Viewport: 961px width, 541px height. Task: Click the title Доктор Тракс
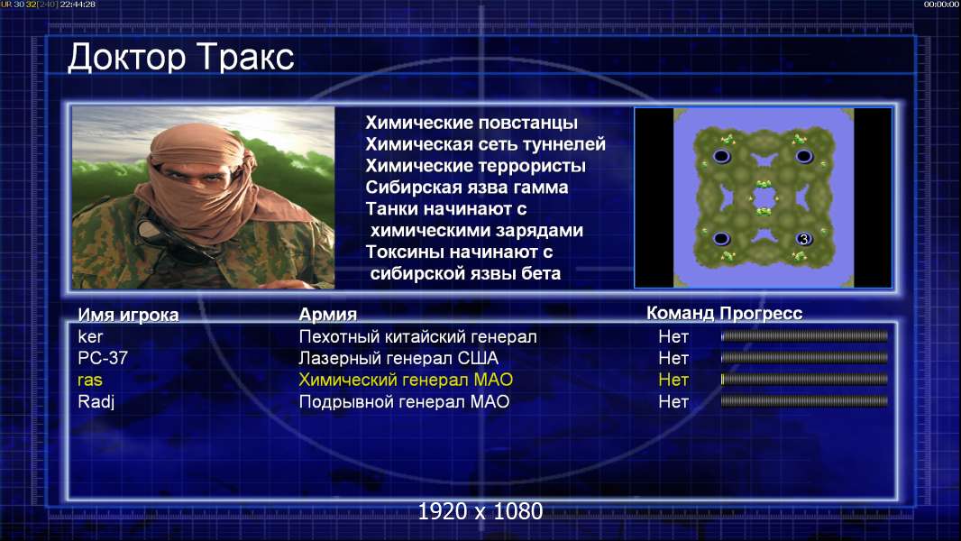[x=181, y=58]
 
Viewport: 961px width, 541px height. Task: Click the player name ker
[x=90, y=336]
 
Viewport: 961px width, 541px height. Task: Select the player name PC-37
[x=103, y=358]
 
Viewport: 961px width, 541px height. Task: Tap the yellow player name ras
[x=90, y=381]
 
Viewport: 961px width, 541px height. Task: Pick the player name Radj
[x=96, y=402]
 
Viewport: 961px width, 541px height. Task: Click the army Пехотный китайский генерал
[x=418, y=336]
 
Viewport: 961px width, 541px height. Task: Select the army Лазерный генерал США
[x=398, y=358]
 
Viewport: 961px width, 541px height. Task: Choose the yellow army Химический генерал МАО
[x=406, y=380]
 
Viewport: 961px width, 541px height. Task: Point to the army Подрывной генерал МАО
[x=404, y=402]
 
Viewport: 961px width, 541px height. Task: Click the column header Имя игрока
[x=128, y=315]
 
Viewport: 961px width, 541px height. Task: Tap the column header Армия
[x=328, y=315]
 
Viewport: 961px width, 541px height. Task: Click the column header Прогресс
[x=761, y=314]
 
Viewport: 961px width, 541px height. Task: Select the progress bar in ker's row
[x=804, y=335]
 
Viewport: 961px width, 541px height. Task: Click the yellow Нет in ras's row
[x=673, y=380]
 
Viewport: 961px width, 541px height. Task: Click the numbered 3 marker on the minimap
[x=804, y=239]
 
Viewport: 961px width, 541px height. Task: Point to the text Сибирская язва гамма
[x=467, y=188]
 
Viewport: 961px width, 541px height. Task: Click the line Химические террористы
[x=476, y=166]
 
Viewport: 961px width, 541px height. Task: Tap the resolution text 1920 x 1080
[x=480, y=511]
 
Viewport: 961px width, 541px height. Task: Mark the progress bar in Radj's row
[x=804, y=401]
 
